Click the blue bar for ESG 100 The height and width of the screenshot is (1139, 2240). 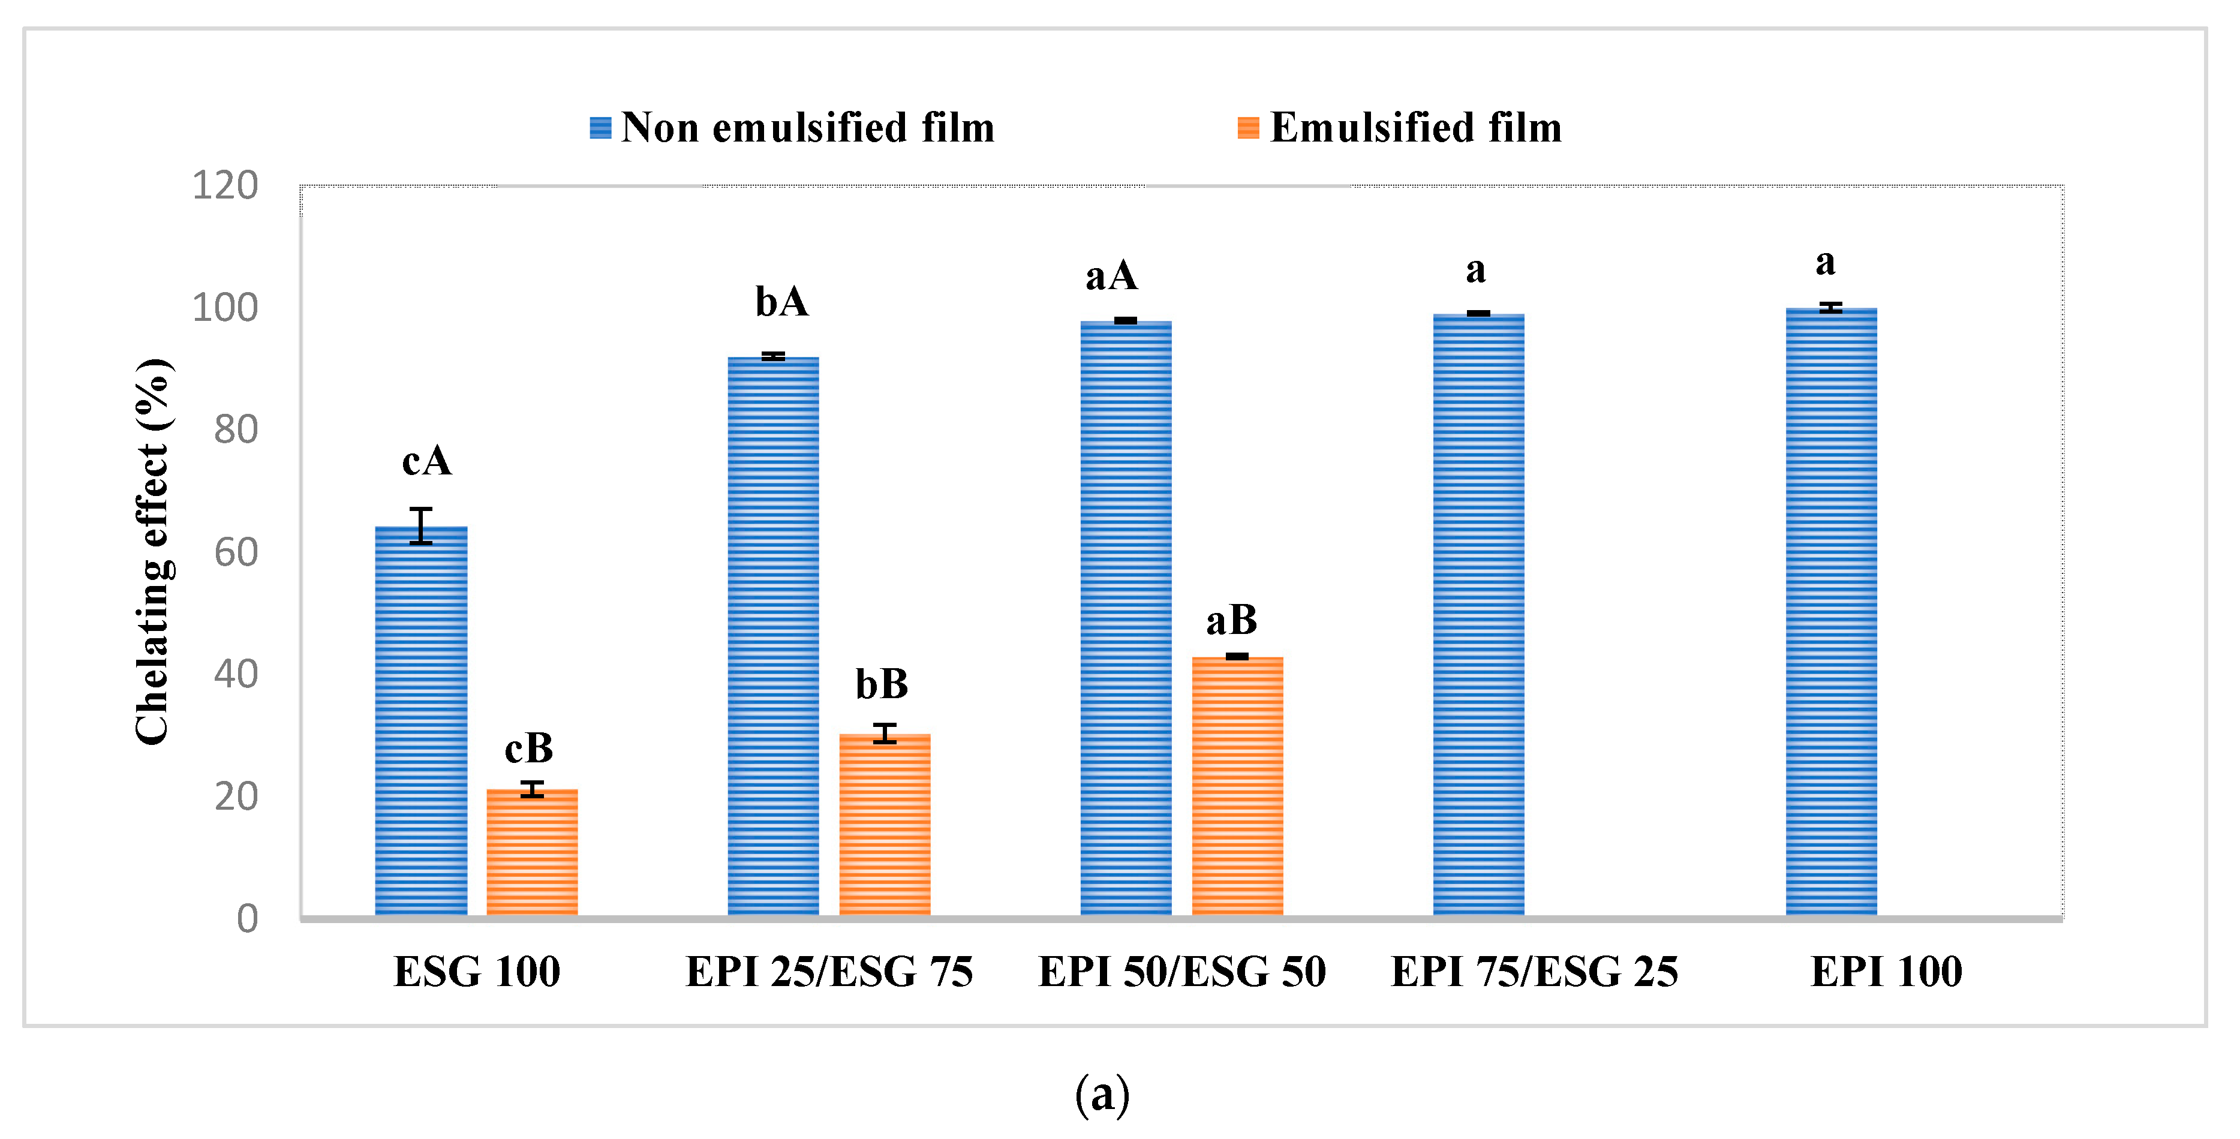pyautogui.click(x=421, y=722)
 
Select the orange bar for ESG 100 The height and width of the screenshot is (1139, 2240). pyautogui.click(x=531, y=852)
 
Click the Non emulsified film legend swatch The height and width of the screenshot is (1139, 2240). pyautogui.click(x=600, y=128)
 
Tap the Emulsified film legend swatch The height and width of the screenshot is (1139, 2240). pyautogui.click(x=1248, y=128)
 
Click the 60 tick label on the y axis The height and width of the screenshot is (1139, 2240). pyautogui.click(x=236, y=552)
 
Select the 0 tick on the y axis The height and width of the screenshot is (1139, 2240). pyautogui.click(x=247, y=919)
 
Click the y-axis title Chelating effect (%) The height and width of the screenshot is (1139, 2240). pyautogui.click(x=153, y=552)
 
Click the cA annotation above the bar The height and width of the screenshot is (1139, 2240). pyautogui.click(x=427, y=461)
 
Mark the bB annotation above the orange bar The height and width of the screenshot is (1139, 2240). pyautogui.click(x=882, y=684)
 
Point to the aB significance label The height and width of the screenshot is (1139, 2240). pyautogui.click(x=1231, y=621)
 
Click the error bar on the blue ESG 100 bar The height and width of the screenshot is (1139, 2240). pyautogui.click(x=421, y=526)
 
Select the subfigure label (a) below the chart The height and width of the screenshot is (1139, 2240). pyautogui.click(x=1102, y=1094)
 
